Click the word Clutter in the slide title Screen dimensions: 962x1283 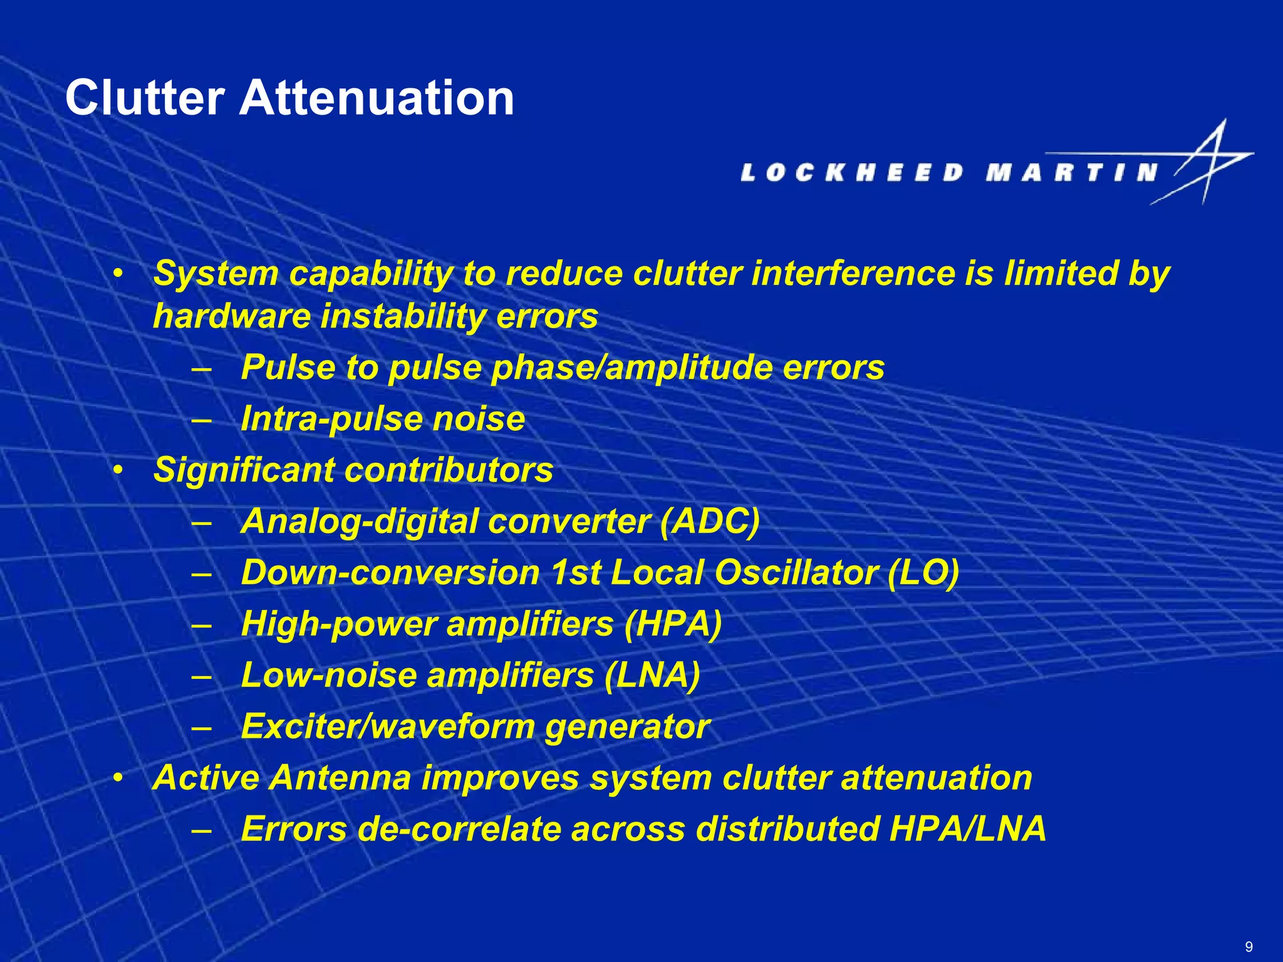point(145,98)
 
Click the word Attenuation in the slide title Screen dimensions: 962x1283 point(377,98)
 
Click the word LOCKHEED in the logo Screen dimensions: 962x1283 point(852,172)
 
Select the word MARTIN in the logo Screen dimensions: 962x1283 point(1071,172)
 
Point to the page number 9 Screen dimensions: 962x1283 point(1249,946)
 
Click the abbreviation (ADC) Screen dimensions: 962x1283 point(710,521)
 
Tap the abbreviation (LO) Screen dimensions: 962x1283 point(923,572)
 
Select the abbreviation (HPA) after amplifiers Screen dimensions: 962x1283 point(673,624)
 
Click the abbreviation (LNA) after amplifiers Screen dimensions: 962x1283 point(652,675)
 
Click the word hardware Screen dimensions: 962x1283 point(232,316)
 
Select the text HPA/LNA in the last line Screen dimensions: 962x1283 point(967,829)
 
